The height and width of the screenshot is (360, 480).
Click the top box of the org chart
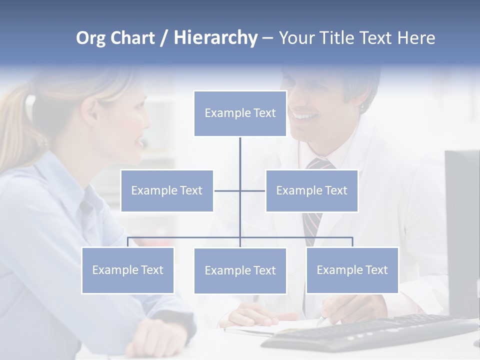tap(240, 113)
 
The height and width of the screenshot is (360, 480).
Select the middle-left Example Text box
tap(167, 190)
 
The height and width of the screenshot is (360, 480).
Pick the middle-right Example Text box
tap(311, 190)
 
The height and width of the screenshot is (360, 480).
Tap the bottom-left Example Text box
tap(127, 270)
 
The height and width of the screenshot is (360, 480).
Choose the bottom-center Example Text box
tap(240, 270)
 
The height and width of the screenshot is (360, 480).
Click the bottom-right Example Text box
tap(352, 270)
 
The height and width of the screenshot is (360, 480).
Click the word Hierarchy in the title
tap(215, 37)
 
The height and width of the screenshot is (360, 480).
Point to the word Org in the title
tap(91, 38)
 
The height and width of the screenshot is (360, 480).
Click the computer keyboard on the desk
tap(370, 332)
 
